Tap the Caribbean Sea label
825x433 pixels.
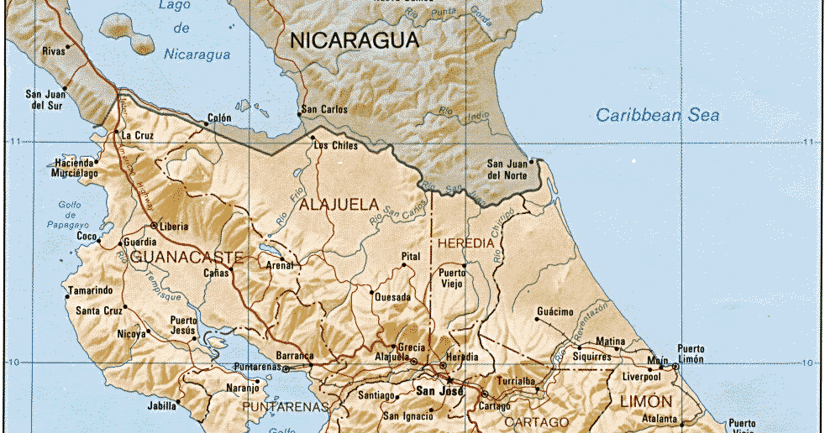pyautogui.click(x=658, y=115)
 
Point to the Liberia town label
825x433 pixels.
pyautogui.click(x=173, y=227)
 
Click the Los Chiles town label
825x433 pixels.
pyautogui.click(x=335, y=145)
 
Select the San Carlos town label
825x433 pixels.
pyautogui.click(x=323, y=109)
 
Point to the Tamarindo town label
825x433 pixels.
pyautogui.click(x=90, y=290)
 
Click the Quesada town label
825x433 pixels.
pyautogui.click(x=392, y=297)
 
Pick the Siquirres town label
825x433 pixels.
pyautogui.click(x=592, y=357)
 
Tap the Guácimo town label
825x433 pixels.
pyautogui.click(x=554, y=312)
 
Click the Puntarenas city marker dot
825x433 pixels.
pyautogui.click(x=286, y=368)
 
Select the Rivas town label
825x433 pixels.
pyautogui.click(x=54, y=51)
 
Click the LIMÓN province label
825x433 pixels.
pyautogui.click(x=647, y=402)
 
